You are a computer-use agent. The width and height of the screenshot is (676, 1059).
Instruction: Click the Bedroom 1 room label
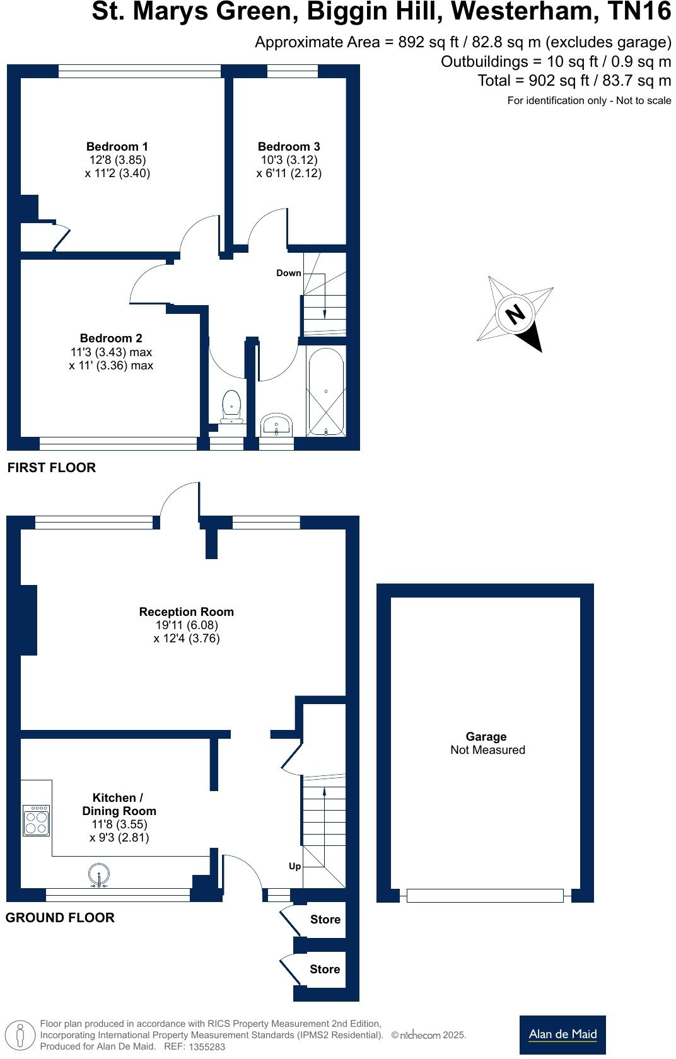point(117,146)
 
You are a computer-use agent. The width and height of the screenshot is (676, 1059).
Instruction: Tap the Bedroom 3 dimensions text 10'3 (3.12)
point(289,160)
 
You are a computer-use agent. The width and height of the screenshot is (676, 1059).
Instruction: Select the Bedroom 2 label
point(111,338)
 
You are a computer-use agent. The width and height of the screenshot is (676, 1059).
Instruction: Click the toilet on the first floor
point(231,407)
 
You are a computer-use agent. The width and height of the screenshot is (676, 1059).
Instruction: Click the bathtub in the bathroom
point(325,391)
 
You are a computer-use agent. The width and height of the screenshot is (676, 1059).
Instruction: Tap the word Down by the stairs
point(289,273)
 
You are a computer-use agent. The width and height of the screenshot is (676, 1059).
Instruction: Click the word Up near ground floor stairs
point(294,866)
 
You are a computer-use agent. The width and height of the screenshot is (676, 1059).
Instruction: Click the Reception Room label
point(186,611)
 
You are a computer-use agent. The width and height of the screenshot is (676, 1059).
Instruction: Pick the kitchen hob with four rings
point(36,820)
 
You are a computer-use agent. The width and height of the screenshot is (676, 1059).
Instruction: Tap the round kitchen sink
point(99,875)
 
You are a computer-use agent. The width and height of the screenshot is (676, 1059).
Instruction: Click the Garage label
point(486,736)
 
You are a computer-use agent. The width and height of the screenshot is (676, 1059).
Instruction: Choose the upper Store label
point(325,920)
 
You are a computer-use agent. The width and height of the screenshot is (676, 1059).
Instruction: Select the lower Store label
point(325,969)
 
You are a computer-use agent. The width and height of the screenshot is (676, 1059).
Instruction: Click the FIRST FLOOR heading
point(51,468)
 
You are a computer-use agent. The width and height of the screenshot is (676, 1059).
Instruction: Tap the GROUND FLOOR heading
point(60,918)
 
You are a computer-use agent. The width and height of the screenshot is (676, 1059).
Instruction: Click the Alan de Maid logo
point(562,1034)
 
